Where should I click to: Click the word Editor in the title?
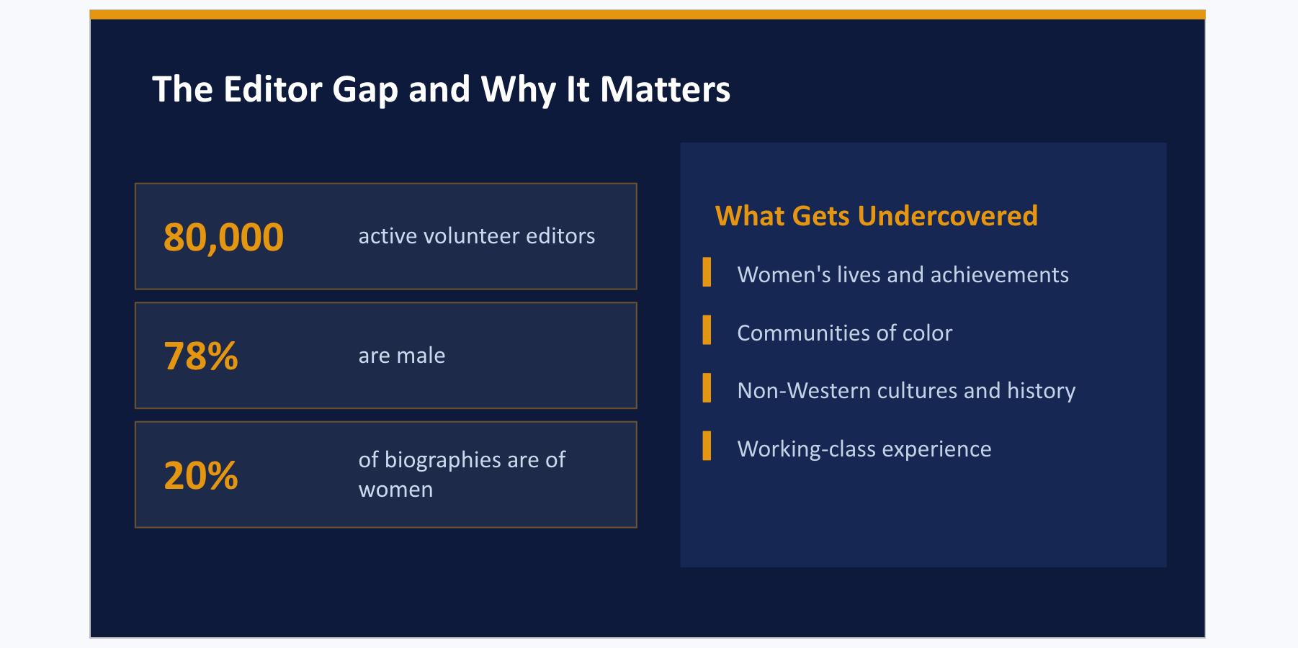[x=273, y=89]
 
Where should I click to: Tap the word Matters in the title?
[x=665, y=89]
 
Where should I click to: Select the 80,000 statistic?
[x=224, y=237]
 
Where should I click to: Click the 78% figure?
[x=201, y=356]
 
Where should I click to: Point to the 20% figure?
[x=201, y=475]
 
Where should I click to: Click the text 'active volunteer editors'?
[x=477, y=236]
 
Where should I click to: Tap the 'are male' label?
[x=402, y=356]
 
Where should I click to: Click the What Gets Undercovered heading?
[x=877, y=216]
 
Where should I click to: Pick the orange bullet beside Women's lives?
[x=707, y=272]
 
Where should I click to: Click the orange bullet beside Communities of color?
[x=707, y=330]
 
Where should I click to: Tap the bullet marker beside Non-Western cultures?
[x=707, y=387]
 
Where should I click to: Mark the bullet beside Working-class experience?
[x=707, y=445]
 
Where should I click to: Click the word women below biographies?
[x=395, y=490]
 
